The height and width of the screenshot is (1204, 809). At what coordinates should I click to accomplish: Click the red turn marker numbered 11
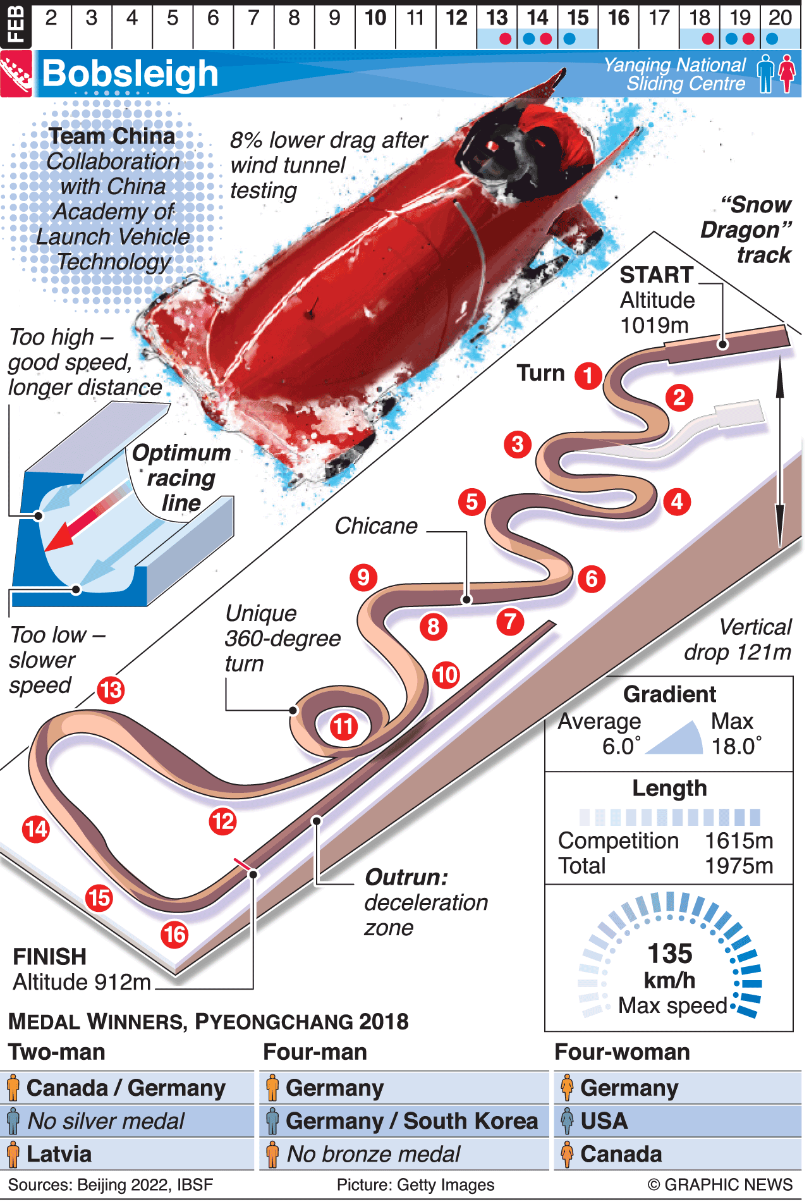pyautogui.click(x=343, y=727)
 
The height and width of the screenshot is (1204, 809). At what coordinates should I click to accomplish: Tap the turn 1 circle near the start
pyautogui.click(x=588, y=376)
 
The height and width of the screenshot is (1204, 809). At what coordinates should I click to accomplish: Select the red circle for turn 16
pyautogui.click(x=174, y=935)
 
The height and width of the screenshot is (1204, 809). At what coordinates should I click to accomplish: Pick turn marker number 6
pyautogui.click(x=592, y=579)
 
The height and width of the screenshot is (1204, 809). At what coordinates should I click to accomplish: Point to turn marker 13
pyautogui.click(x=111, y=690)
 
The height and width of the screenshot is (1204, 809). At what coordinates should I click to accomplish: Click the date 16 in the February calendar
pyautogui.click(x=619, y=18)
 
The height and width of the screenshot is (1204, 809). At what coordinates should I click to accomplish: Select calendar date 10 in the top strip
pyautogui.click(x=375, y=18)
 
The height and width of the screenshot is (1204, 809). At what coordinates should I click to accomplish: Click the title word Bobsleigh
pyautogui.click(x=130, y=74)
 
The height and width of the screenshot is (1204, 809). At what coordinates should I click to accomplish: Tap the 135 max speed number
pyautogui.click(x=670, y=953)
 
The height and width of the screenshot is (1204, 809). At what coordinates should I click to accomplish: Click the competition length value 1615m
pyautogui.click(x=739, y=841)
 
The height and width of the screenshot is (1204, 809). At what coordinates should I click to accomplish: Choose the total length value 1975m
pyautogui.click(x=739, y=866)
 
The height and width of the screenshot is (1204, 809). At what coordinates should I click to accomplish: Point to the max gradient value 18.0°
pyautogui.click(x=736, y=746)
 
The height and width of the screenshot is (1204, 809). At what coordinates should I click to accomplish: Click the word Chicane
pyautogui.click(x=376, y=526)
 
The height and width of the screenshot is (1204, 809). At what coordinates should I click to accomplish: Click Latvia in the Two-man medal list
pyautogui.click(x=59, y=1154)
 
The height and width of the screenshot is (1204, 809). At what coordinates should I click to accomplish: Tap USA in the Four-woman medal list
pyautogui.click(x=604, y=1121)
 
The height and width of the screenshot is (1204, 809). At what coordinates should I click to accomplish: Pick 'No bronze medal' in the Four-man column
pyautogui.click(x=374, y=1154)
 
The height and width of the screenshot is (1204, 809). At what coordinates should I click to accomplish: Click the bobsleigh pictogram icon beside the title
pyautogui.click(x=16, y=74)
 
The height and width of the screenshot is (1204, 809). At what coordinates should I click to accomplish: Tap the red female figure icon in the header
pyautogui.click(x=786, y=74)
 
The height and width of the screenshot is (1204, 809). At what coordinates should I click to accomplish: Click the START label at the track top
pyautogui.click(x=656, y=275)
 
